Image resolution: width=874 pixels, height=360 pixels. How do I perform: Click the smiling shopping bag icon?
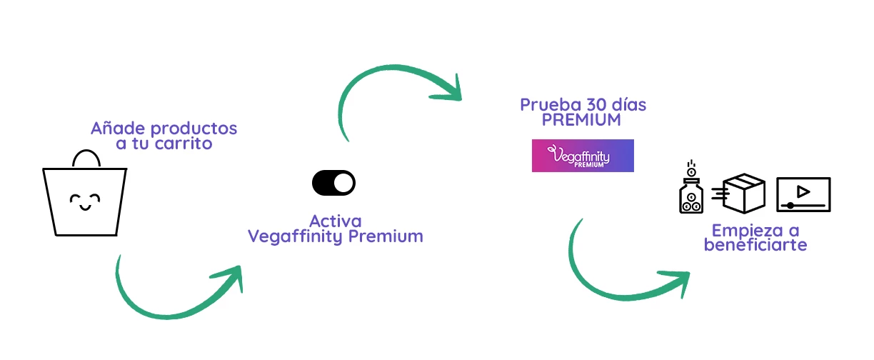(85, 193)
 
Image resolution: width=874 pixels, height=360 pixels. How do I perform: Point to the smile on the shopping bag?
(85, 207)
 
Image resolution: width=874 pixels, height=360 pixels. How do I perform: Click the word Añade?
(119, 128)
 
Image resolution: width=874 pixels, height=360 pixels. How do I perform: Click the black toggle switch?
(333, 183)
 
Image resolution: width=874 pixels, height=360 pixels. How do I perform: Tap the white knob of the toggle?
(343, 183)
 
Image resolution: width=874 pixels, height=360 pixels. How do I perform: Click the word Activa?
(336, 221)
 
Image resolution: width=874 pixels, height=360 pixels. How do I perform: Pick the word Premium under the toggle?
(386, 236)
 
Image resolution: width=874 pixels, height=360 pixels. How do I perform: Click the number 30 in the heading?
(596, 104)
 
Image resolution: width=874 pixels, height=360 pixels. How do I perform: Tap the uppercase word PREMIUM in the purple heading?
(581, 119)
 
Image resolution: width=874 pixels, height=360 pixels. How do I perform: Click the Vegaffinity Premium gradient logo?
(583, 156)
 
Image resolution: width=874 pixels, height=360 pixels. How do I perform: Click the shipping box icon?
(738, 194)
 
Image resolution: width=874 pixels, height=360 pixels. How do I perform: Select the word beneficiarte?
(755, 245)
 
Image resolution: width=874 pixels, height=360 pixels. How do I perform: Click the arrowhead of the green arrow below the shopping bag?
(231, 277)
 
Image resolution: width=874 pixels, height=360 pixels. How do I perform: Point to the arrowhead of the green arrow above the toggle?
(449, 89)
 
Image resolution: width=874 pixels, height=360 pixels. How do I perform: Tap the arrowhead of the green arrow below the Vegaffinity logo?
(677, 282)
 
